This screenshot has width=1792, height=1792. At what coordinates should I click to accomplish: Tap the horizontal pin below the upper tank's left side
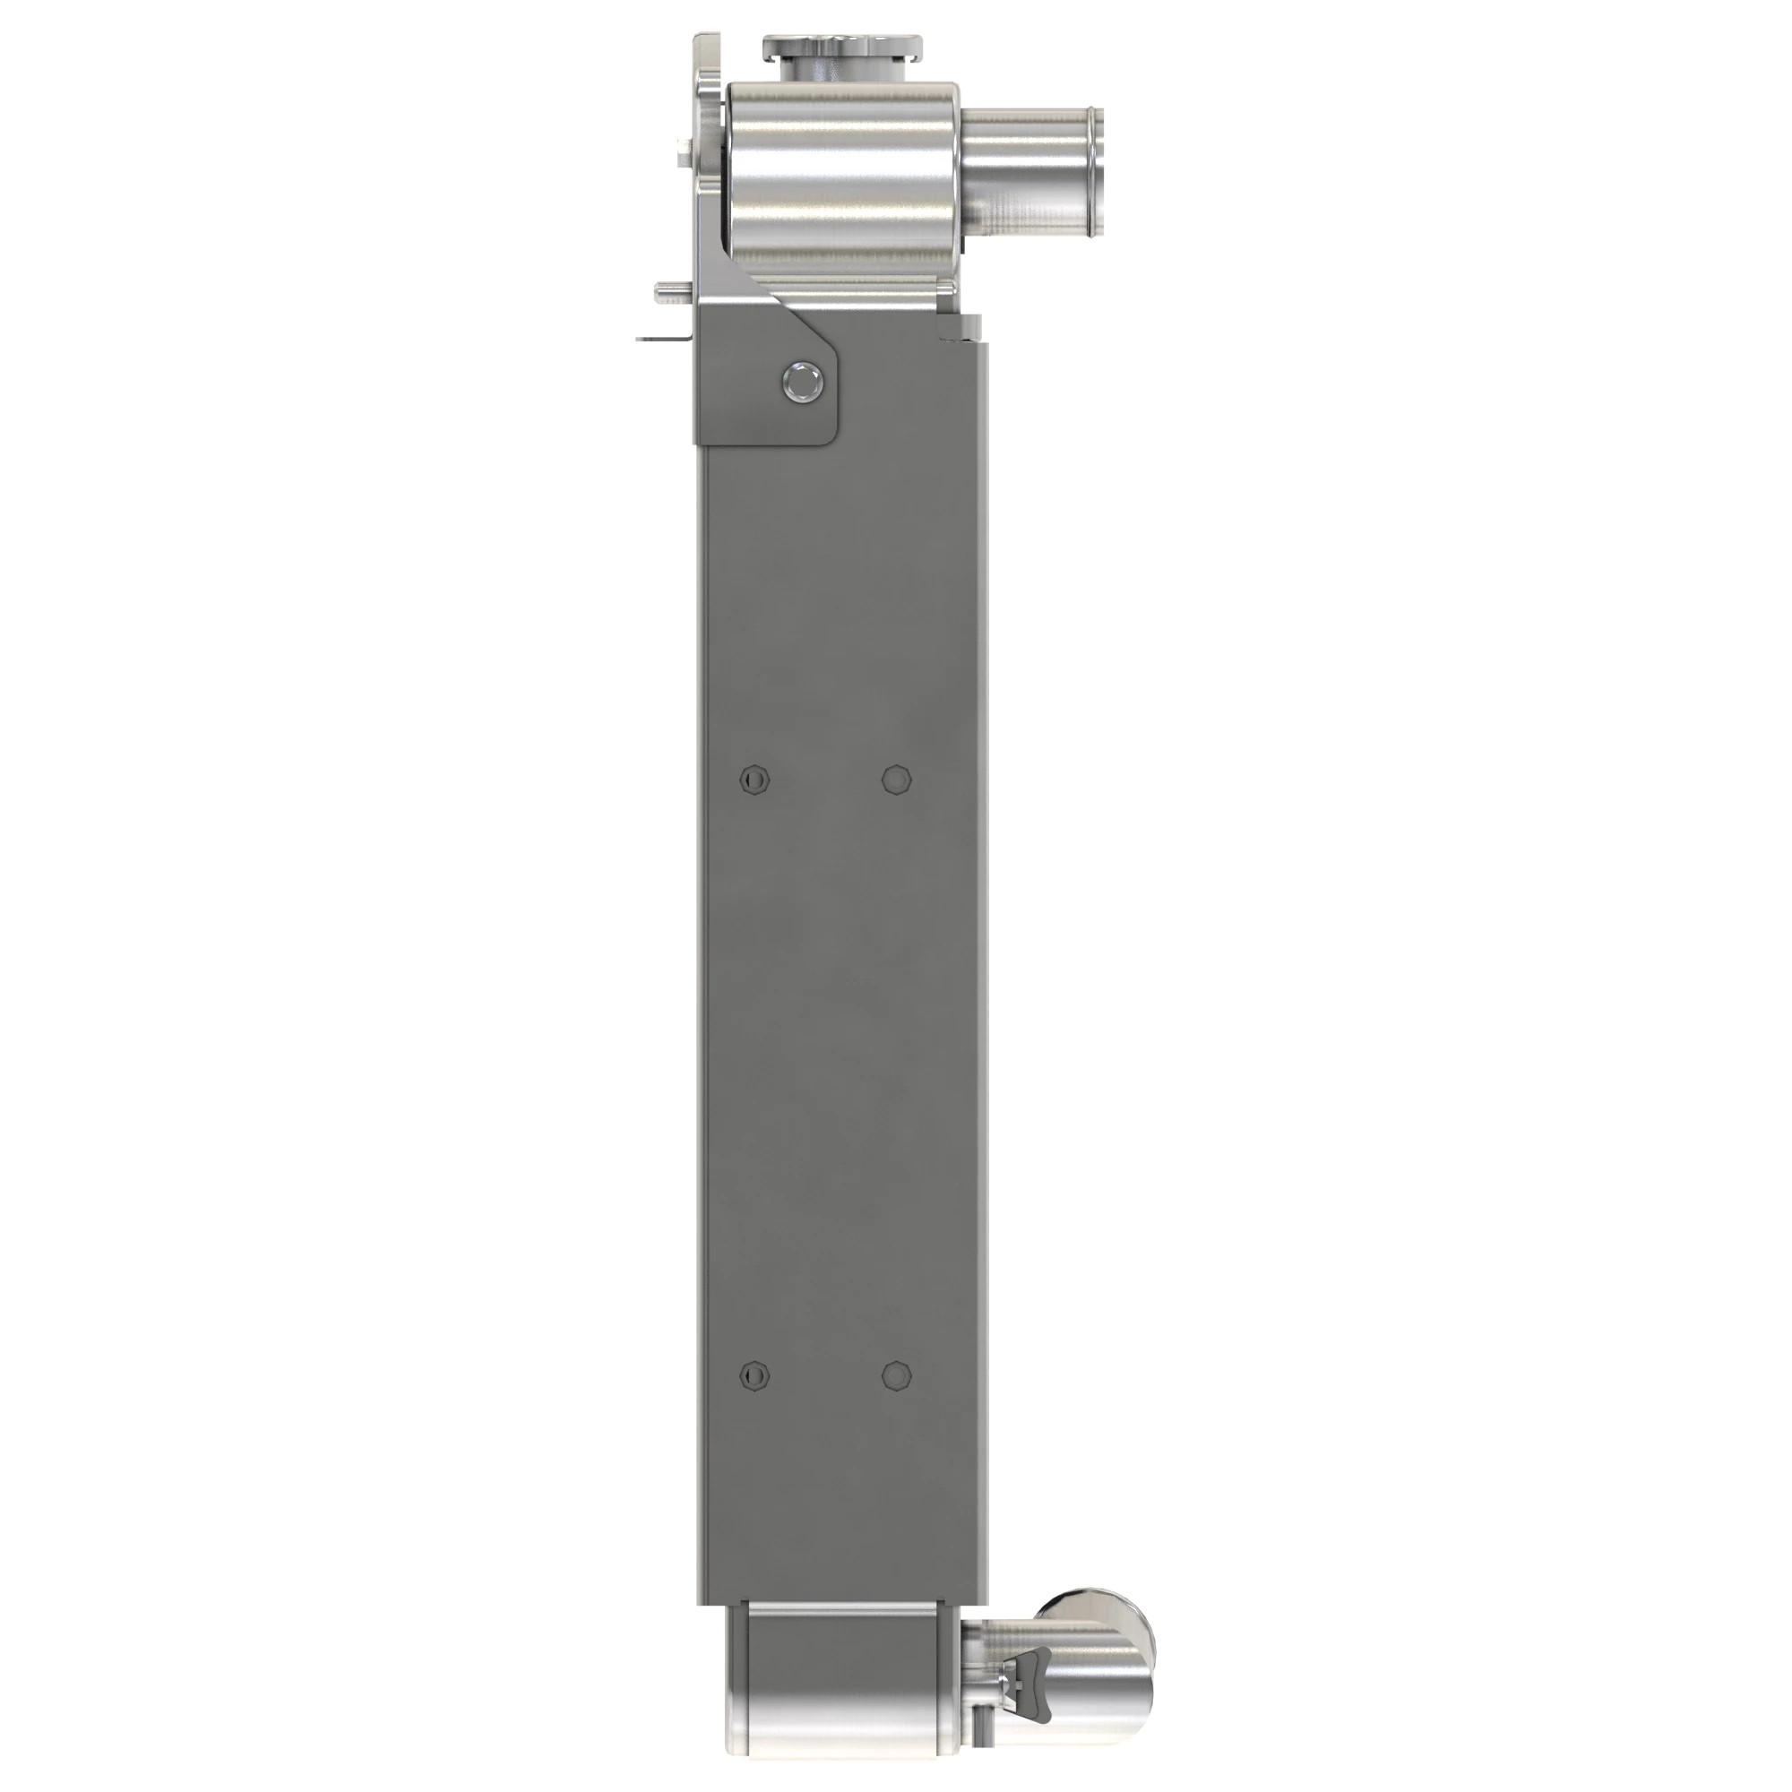point(669,290)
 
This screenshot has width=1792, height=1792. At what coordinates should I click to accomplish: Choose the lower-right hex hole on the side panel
point(895,1374)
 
